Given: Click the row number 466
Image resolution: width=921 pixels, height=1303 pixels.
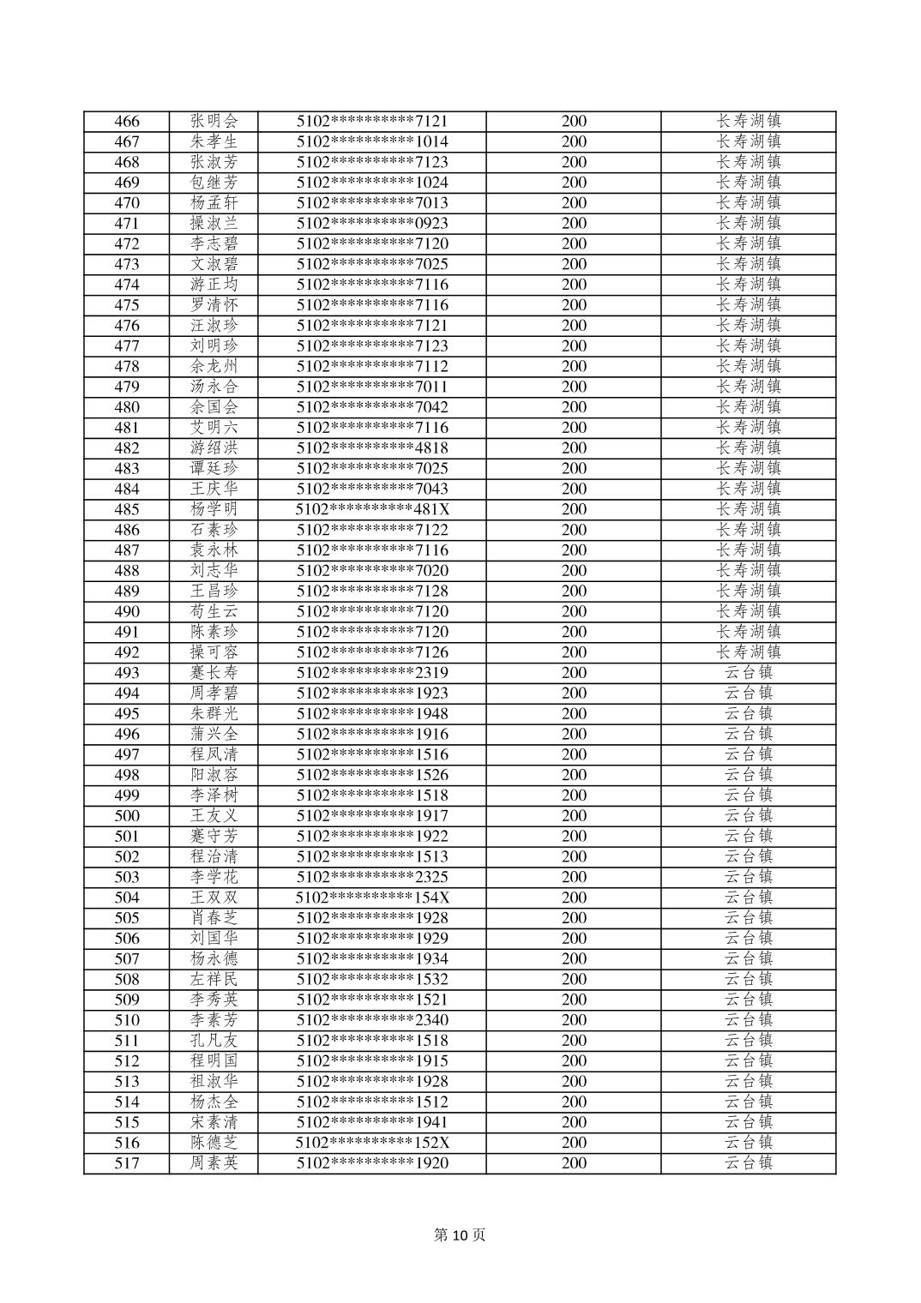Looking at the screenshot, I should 127,122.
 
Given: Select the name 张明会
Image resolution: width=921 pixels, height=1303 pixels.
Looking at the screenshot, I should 214,122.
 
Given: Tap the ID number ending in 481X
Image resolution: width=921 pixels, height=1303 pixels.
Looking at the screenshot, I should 372,509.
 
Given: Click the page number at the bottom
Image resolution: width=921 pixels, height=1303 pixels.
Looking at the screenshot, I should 460,1235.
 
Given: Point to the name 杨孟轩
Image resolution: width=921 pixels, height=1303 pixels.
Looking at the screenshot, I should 214,203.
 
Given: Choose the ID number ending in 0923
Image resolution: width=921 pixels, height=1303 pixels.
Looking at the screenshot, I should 372,224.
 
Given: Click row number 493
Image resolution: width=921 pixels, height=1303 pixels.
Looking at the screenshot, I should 127,673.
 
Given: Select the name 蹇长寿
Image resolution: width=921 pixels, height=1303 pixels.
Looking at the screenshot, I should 214,673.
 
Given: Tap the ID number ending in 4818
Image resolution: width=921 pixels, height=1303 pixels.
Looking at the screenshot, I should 372,448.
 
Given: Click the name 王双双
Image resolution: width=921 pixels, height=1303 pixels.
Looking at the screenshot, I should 214,898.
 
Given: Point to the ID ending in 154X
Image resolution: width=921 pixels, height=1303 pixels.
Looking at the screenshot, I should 372,898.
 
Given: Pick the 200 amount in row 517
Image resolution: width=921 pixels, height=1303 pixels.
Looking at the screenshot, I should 574,1163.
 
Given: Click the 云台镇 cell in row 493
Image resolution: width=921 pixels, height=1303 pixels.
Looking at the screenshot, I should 749,673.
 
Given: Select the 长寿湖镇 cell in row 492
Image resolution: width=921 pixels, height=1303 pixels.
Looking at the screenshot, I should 749,652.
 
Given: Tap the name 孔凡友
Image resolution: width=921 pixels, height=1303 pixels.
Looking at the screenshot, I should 214,1041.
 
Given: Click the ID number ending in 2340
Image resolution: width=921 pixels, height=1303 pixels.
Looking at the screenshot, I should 372,1020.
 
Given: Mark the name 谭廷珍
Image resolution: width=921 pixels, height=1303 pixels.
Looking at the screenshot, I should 214,469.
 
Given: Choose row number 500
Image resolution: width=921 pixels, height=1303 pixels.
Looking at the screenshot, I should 127,816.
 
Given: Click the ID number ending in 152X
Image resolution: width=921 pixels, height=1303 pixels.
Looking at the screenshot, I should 372,1143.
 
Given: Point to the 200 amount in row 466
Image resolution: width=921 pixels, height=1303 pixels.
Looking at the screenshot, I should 574,122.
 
